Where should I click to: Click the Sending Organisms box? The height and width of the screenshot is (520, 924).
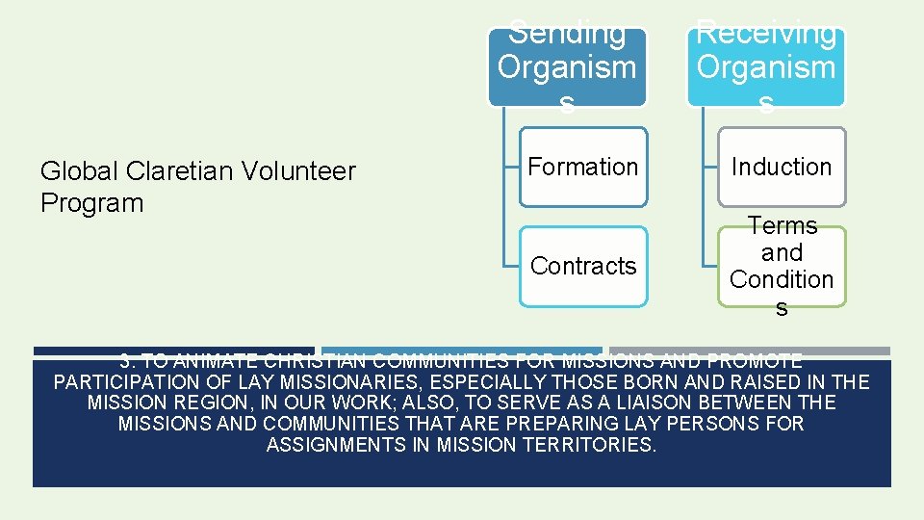pyautogui.click(x=567, y=67)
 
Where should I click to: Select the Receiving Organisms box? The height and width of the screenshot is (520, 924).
pyautogui.click(x=765, y=67)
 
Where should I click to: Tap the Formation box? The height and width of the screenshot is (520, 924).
pyautogui.click(x=583, y=167)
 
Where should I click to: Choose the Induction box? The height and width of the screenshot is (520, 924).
pyautogui.click(x=781, y=167)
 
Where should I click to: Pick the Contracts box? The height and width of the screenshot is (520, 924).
pyautogui.click(x=583, y=266)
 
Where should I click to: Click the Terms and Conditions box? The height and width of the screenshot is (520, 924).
pyautogui.click(x=782, y=267)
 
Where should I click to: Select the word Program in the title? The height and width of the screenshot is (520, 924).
pyautogui.click(x=91, y=203)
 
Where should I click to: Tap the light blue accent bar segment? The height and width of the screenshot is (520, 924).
pyautogui.click(x=462, y=351)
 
